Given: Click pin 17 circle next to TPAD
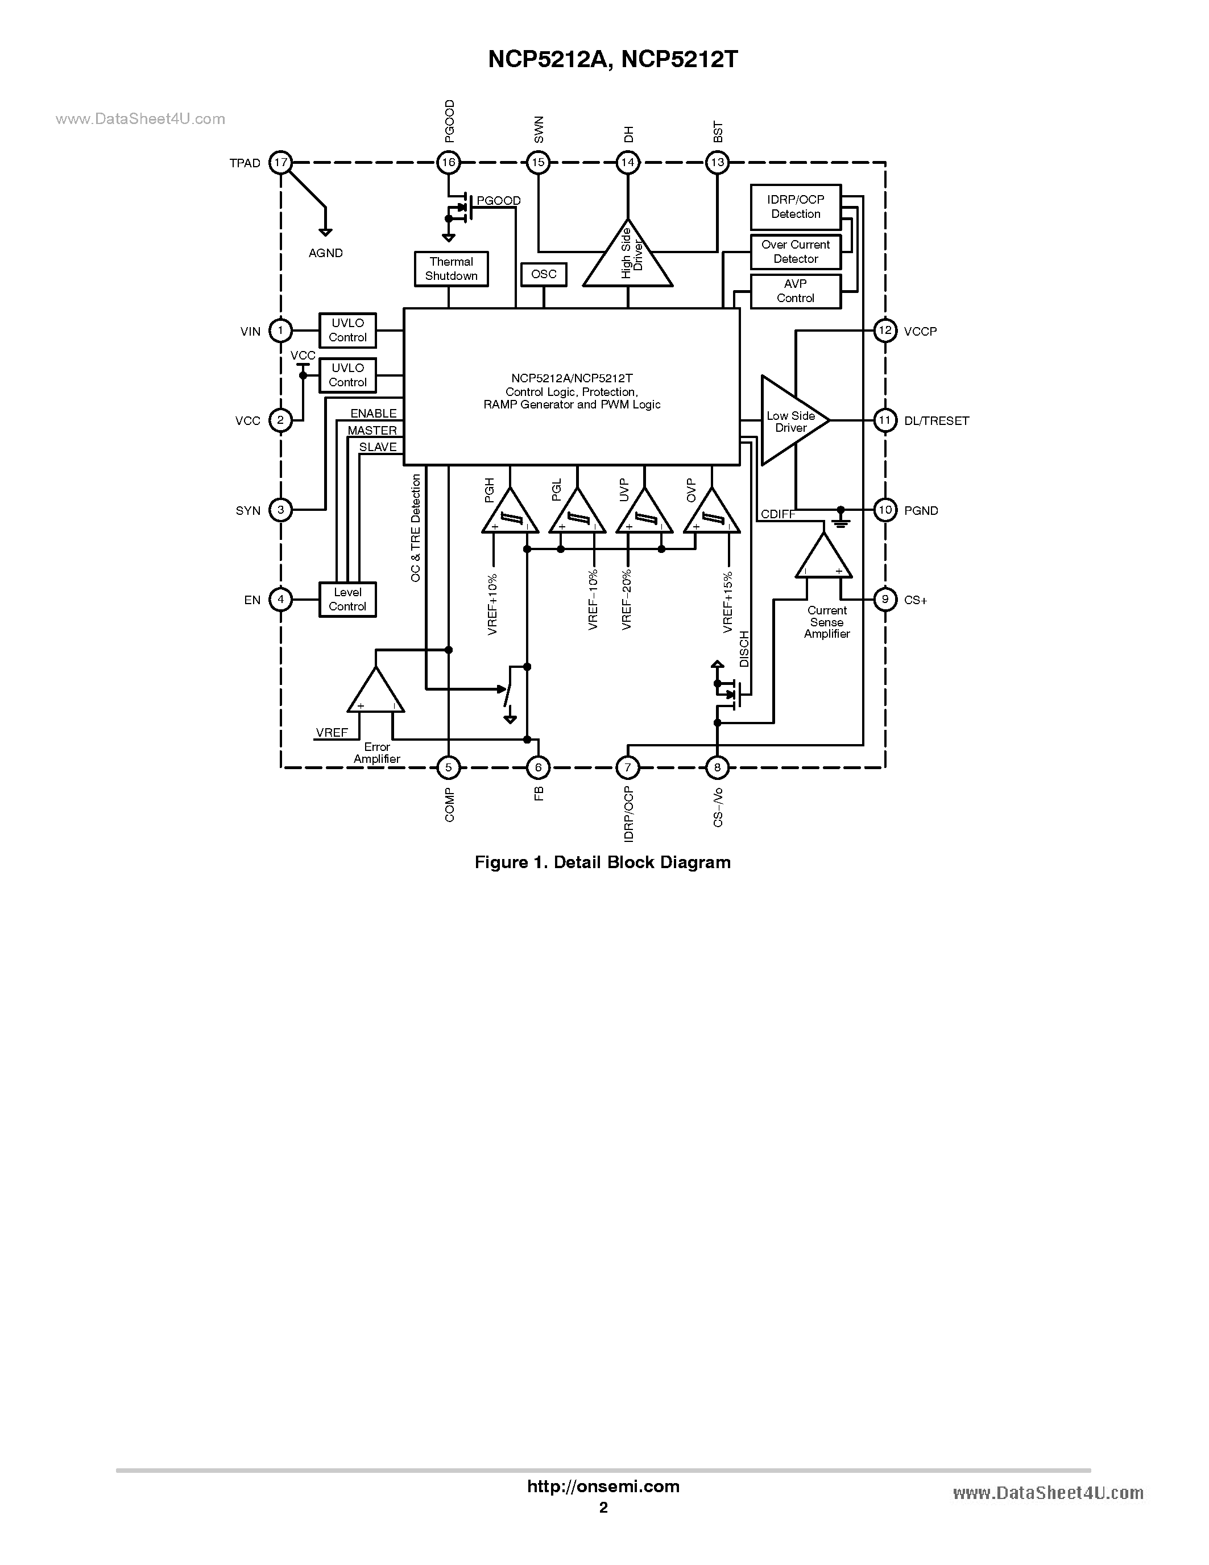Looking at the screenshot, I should (281, 163).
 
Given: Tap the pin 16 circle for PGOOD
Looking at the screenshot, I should (448, 163).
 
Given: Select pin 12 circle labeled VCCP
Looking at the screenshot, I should (885, 331).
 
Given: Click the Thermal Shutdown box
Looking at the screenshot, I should (451, 269).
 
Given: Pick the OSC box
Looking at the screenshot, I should (544, 274).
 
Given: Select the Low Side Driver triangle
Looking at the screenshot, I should (790, 420).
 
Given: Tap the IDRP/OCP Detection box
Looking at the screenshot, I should (795, 207).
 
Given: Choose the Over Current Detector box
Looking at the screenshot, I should (795, 251).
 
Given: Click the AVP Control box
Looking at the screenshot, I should (795, 291).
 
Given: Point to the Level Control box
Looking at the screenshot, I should (347, 599).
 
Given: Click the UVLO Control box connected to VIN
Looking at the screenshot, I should (347, 331).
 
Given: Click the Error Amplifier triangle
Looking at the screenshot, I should (375, 693).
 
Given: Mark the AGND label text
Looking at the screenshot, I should (325, 253).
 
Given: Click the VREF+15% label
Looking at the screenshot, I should (728, 602).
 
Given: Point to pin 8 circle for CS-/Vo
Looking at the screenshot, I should (717, 767).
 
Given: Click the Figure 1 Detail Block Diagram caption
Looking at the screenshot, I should (602, 862).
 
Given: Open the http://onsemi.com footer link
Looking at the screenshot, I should (603, 1486).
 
